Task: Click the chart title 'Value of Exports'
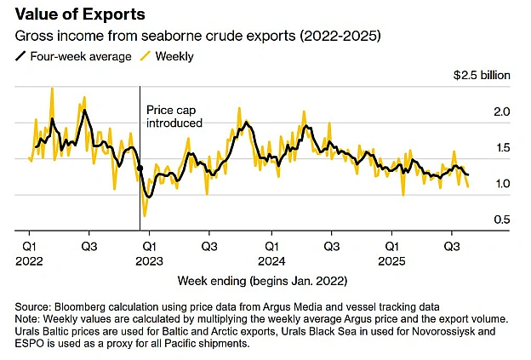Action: click(80, 14)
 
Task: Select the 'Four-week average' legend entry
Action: click(73, 56)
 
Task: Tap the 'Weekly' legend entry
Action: click(168, 56)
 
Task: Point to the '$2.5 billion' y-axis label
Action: click(482, 75)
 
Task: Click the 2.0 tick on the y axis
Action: click(501, 111)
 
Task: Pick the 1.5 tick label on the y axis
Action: click(503, 147)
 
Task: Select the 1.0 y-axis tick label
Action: click(503, 184)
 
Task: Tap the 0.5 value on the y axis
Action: click(501, 220)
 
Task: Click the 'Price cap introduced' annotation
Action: click(174, 117)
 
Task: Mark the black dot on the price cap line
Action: click(140, 168)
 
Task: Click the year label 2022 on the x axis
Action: click(29, 261)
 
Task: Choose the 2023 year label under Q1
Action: click(149, 261)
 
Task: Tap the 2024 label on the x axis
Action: click(271, 261)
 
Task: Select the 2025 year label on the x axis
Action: click(391, 261)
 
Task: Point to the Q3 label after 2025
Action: click(452, 246)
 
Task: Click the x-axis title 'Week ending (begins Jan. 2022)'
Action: click(262, 281)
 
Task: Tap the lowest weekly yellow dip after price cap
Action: click(145, 215)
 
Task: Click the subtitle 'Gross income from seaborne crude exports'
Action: click(155, 36)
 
